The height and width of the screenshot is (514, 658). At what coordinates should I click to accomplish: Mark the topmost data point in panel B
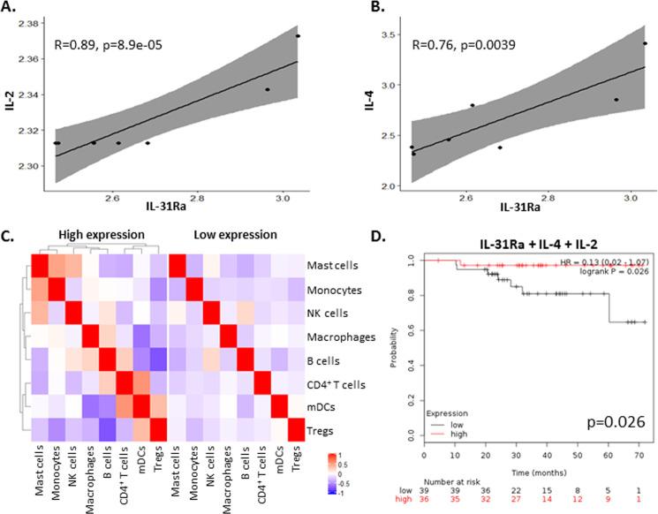click(x=646, y=43)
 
